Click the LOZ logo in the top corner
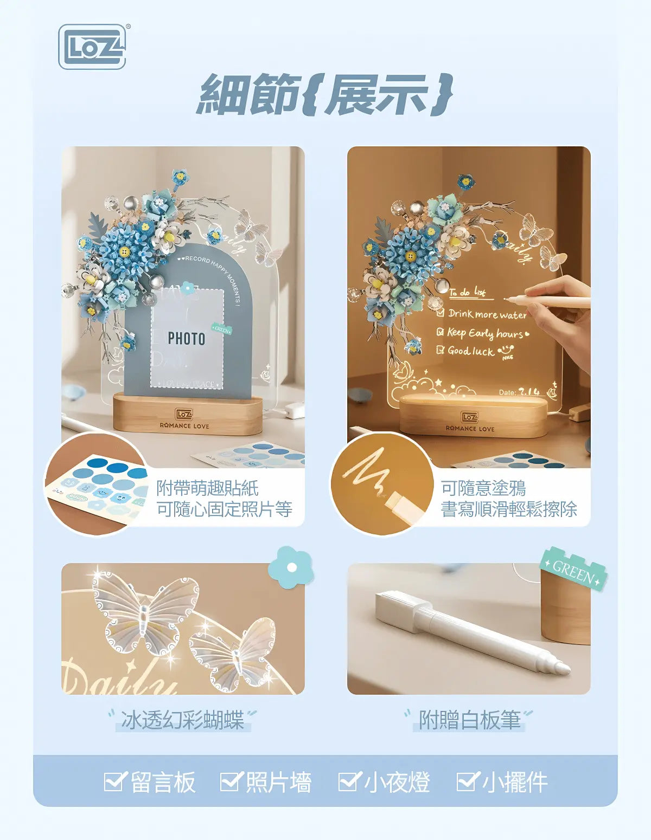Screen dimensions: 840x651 tap(92, 47)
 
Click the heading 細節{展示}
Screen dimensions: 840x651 tap(324, 94)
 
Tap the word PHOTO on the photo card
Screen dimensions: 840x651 tap(186, 339)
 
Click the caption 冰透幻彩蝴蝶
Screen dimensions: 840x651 tap(182, 720)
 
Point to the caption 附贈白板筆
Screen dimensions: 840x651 tap(469, 720)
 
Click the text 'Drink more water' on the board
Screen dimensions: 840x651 tap(487, 314)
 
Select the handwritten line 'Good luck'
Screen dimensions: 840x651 tap(470, 351)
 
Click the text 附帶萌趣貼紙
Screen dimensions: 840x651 tap(207, 488)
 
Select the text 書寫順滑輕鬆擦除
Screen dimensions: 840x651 tap(508, 509)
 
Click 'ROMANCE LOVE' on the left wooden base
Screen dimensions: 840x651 tap(184, 426)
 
